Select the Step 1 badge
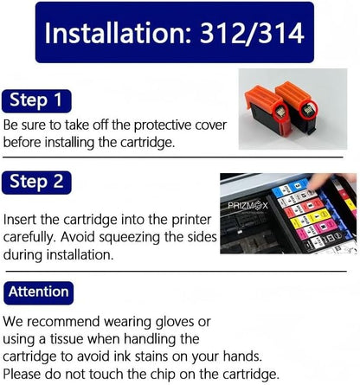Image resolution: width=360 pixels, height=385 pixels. click(36, 101)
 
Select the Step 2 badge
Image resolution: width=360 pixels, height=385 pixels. click(36, 183)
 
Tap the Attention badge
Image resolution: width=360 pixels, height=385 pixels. click(39, 292)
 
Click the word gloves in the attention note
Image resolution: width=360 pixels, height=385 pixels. click(174, 323)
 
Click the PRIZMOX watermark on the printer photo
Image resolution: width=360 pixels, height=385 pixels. click(247, 206)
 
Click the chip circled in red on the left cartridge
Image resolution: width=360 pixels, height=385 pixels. click(279, 111)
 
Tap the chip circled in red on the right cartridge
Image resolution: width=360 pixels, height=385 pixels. click(308, 110)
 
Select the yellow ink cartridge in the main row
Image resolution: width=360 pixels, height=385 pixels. click(311, 218)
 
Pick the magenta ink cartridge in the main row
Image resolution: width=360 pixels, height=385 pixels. click(316, 228)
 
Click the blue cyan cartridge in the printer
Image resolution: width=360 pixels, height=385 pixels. click(291, 187)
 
